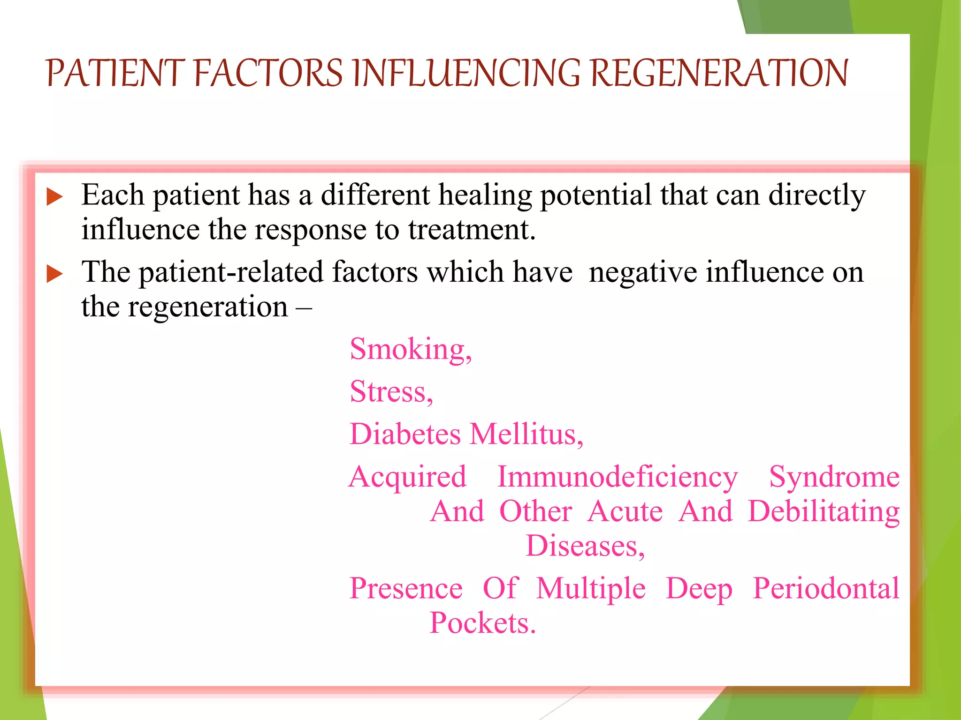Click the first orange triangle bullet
pos(54,197)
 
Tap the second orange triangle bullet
pos(54,274)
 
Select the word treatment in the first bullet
pos(471,230)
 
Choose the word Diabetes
pos(405,434)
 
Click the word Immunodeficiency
pos(618,477)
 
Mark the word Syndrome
pos(834,477)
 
